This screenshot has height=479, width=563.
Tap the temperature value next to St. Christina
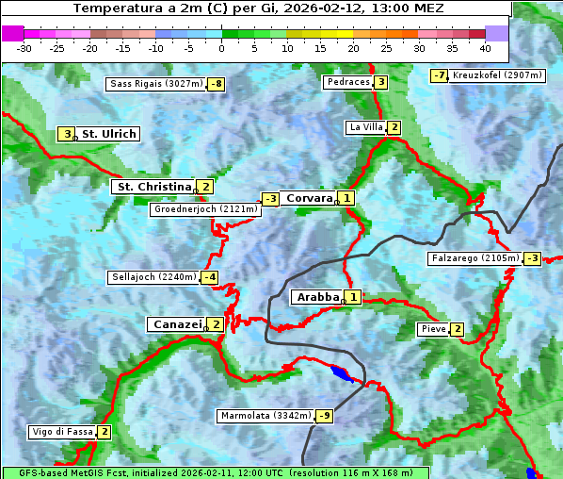[x=205, y=187]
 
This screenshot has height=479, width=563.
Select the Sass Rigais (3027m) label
[x=156, y=84]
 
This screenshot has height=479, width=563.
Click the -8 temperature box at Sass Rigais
[x=217, y=84]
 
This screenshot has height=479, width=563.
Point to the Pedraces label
[x=347, y=82]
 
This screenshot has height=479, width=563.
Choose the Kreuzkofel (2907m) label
[x=497, y=75]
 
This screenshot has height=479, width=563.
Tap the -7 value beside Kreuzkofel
[x=439, y=75]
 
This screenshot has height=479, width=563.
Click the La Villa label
[x=365, y=127]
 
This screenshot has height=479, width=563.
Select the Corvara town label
[x=309, y=198]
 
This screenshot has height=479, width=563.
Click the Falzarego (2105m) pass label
[x=475, y=257]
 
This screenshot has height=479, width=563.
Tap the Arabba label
[x=316, y=297]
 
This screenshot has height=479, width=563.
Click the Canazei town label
[x=176, y=324]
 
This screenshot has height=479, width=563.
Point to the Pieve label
[x=433, y=329]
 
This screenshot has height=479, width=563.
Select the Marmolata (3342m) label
[x=265, y=416]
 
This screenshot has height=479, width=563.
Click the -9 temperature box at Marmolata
[x=325, y=416]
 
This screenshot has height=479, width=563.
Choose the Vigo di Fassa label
[x=62, y=432]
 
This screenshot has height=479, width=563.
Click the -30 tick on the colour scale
[x=24, y=47]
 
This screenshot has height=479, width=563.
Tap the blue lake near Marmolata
[x=343, y=374]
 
